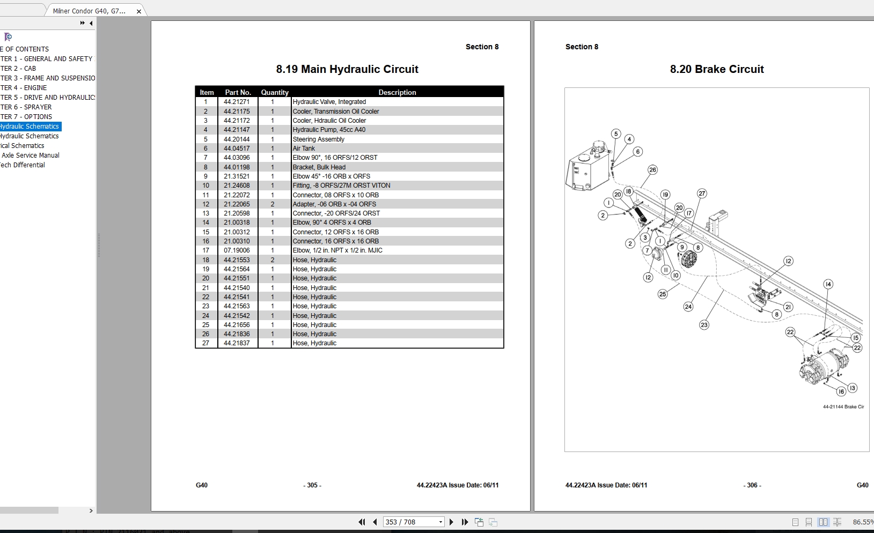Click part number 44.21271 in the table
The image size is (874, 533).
(237, 102)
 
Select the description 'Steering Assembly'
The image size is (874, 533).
(319, 139)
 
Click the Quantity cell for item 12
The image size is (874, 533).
(273, 204)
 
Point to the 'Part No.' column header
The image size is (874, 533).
(238, 92)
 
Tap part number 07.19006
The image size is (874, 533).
(237, 250)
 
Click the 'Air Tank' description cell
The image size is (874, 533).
(304, 149)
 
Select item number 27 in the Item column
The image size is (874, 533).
(205, 343)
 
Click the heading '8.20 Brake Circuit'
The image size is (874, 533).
(717, 69)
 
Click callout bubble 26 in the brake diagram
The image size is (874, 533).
(652, 170)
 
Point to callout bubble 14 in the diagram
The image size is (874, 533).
(828, 284)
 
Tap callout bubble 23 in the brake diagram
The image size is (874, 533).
(704, 325)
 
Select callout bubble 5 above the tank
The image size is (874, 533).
(616, 134)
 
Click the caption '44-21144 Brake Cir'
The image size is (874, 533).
(843, 407)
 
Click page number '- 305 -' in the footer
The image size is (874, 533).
(312, 485)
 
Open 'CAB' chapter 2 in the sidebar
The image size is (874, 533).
(18, 69)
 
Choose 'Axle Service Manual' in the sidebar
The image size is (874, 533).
(31, 156)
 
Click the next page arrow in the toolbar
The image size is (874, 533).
(451, 522)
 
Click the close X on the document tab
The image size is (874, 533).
(139, 11)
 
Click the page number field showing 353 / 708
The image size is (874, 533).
(410, 522)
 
